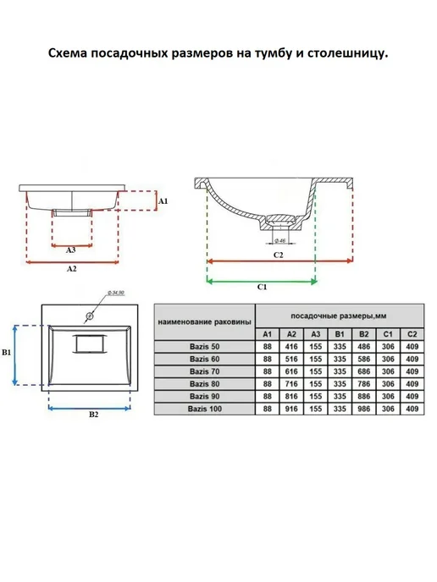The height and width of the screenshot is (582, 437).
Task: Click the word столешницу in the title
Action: (x=348, y=53)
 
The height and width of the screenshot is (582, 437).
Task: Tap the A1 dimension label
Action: (x=163, y=200)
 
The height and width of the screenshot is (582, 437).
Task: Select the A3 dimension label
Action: (x=70, y=250)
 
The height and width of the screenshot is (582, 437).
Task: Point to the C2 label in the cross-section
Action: (x=279, y=255)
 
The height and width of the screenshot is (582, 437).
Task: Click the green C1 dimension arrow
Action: (x=262, y=282)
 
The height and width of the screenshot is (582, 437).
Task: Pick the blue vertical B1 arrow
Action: (x=15, y=355)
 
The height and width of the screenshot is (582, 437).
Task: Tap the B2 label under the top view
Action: (x=94, y=415)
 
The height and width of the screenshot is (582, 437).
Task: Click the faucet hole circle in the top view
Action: (x=90, y=316)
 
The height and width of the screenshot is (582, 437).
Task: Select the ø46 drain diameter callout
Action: (x=279, y=240)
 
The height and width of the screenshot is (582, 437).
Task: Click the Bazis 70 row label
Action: (x=204, y=371)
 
